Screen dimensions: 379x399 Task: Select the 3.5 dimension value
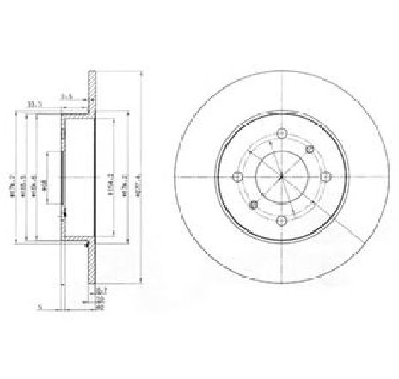(x=66, y=95)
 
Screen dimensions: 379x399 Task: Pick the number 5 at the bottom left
(x=40, y=302)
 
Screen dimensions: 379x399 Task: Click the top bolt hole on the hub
(x=282, y=133)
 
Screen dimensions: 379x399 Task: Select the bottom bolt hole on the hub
(x=282, y=221)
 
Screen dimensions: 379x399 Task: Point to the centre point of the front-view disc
(x=282, y=177)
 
